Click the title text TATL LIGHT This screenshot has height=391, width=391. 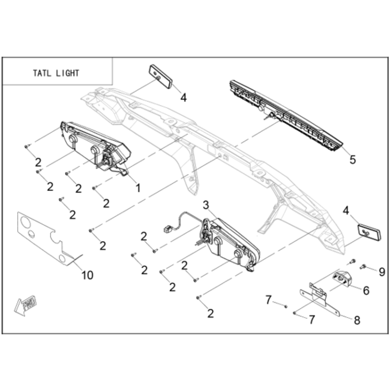coord(56,73)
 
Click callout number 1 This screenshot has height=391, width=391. coord(138,188)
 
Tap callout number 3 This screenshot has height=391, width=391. coord(206,205)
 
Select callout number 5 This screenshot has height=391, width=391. coord(353,160)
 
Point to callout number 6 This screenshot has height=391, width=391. coord(366,291)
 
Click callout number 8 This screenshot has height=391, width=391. coord(357,320)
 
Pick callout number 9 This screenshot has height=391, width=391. coord(382,272)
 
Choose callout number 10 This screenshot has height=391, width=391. coord(88,275)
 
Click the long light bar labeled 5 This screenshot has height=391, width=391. coord(286,116)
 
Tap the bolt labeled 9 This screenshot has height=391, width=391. coord(363,267)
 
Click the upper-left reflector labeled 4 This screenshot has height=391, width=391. coord(161,77)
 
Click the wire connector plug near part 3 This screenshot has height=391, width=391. coord(167,229)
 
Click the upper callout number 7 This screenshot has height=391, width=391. coord(268,300)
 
